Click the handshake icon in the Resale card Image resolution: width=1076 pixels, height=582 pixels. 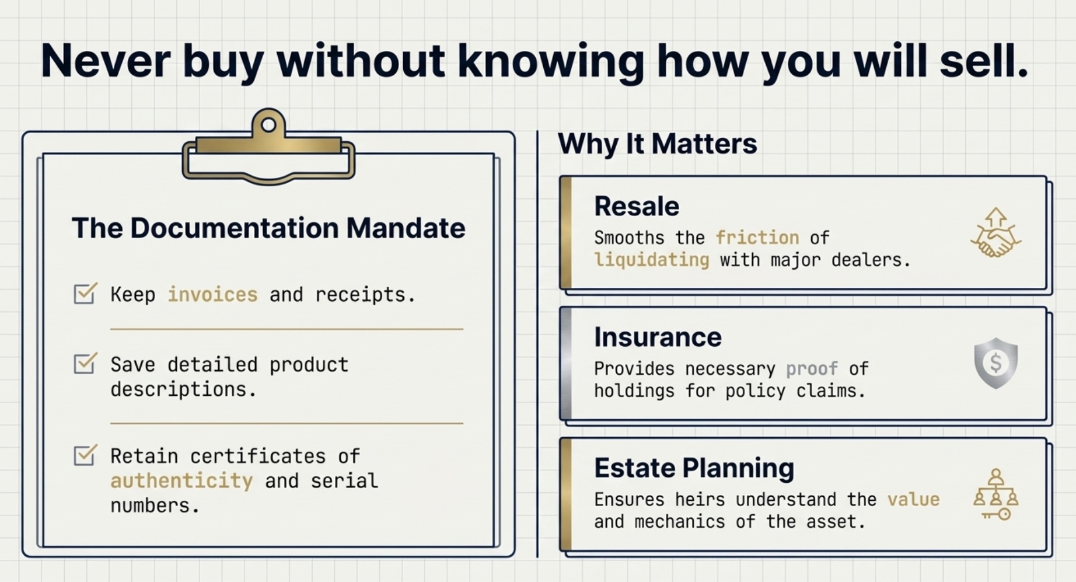(x=995, y=234)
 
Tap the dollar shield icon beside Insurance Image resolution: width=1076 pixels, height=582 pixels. (x=995, y=363)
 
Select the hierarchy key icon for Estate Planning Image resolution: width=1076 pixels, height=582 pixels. (x=995, y=494)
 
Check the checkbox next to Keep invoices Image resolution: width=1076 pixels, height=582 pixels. (x=85, y=293)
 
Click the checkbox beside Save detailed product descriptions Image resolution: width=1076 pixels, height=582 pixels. (x=85, y=363)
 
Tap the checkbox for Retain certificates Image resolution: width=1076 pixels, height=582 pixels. (x=85, y=455)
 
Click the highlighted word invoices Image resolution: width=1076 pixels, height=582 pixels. (x=212, y=295)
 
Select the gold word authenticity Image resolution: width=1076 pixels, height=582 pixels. (x=181, y=481)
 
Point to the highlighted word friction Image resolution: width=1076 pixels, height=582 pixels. (x=757, y=238)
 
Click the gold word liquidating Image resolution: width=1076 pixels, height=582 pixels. (x=651, y=260)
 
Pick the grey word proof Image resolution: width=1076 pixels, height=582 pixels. (x=812, y=369)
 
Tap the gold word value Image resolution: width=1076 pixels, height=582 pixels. (x=913, y=500)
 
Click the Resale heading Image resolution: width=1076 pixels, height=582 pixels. (x=637, y=207)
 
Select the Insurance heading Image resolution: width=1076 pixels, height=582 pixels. (x=658, y=337)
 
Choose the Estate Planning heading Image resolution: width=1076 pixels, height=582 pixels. (x=694, y=468)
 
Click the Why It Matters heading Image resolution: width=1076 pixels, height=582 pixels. (x=657, y=144)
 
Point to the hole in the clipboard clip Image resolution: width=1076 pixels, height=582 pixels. (x=268, y=124)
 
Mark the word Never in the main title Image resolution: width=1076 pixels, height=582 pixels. (x=106, y=61)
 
